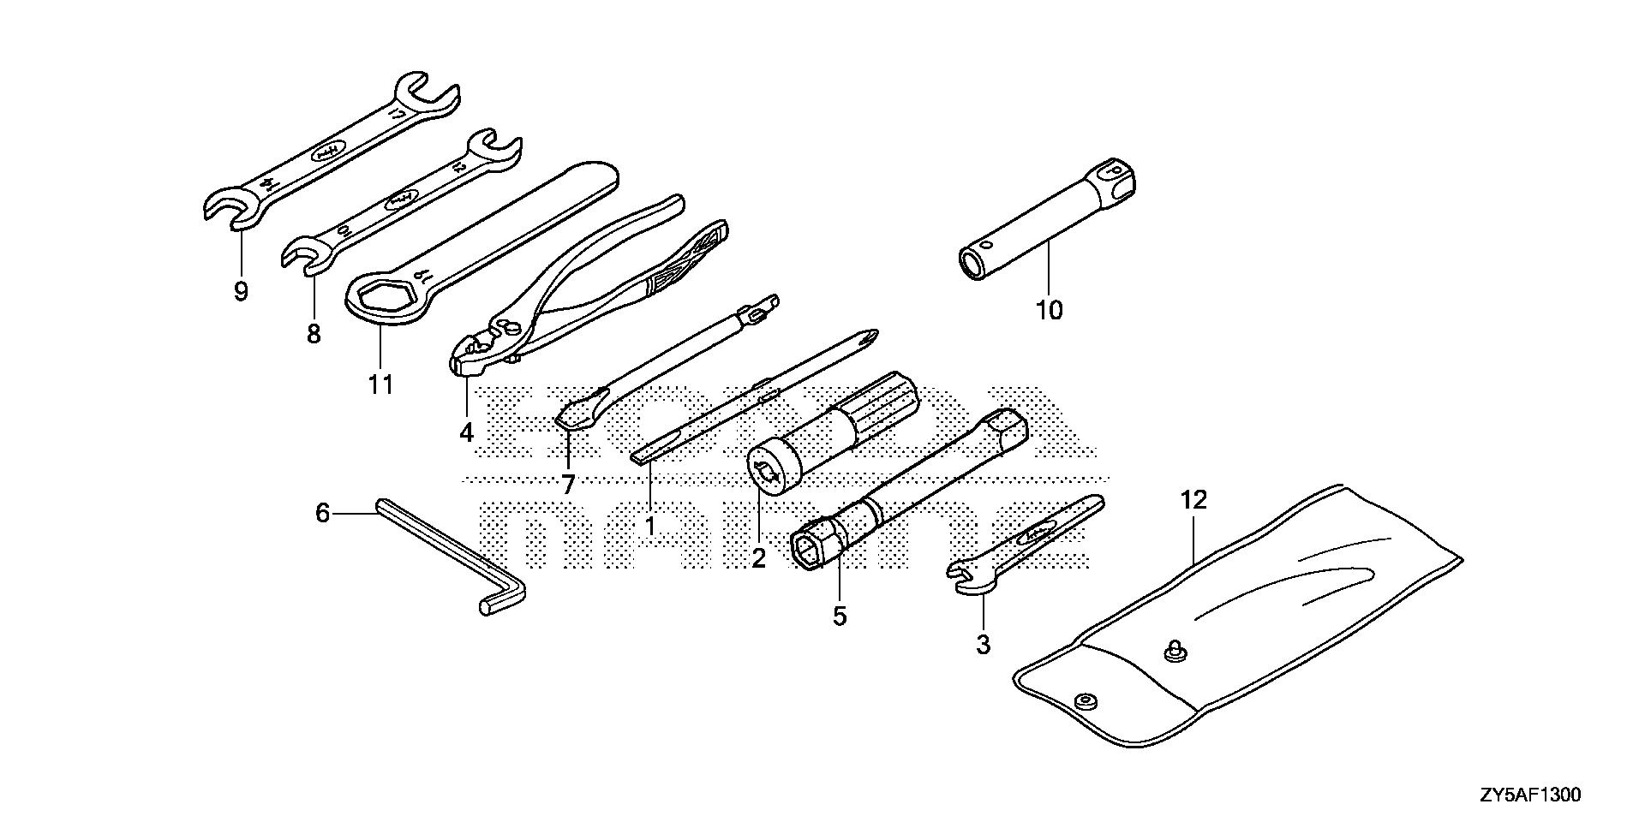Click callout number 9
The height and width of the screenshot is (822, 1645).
241,292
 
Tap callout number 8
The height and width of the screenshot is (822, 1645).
314,333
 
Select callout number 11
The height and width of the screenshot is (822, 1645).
380,384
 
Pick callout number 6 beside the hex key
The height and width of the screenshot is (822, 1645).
322,514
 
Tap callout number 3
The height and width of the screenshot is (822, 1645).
983,644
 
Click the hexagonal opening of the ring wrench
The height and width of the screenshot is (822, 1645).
381,299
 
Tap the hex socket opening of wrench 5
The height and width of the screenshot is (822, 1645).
813,548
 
